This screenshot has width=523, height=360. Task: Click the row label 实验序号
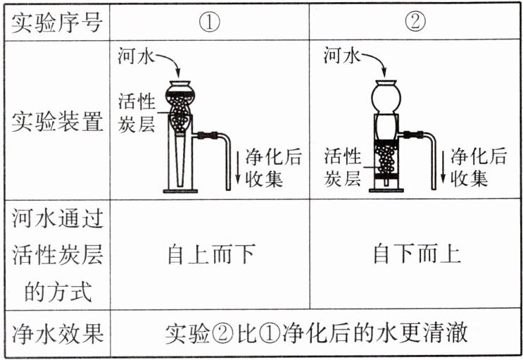click(x=57, y=23)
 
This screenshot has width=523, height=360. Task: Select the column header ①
click(x=210, y=23)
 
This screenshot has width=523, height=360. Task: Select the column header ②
click(x=415, y=22)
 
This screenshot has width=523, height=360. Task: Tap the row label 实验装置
click(x=57, y=121)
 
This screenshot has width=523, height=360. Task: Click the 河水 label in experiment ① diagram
click(x=136, y=56)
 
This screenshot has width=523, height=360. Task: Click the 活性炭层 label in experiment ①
click(x=137, y=113)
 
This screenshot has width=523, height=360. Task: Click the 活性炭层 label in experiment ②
click(x=343, y=168)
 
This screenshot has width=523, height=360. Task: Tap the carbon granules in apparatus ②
click(x=386, y=161)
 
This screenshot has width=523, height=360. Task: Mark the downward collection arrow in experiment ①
click(x=238, y=167)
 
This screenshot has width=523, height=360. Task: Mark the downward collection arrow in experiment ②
click(x=443, y=167)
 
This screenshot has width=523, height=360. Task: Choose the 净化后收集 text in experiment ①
click(x=274, y=168)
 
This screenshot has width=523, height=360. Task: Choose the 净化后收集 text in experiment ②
click(x=479, y=168)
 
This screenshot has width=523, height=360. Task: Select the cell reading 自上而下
click(x=211, y=254)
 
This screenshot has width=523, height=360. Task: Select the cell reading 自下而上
click(x=417, y=254)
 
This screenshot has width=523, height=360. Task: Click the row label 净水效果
click(x=57, y=334)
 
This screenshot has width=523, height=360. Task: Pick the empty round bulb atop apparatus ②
click(x=386, y=97)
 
